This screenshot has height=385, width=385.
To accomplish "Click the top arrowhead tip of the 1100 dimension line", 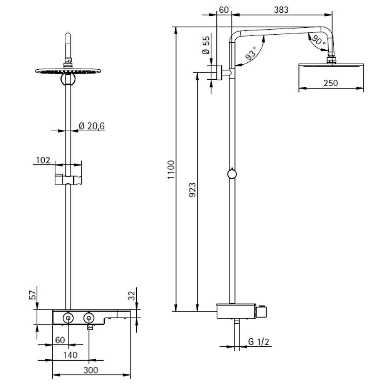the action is pyautogui.click(x=176, y=27).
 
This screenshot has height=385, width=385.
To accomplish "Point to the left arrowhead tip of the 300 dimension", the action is pyautogui.click(x=53, y=375).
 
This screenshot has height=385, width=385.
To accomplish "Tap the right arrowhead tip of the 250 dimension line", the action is pyautogui.click(x=363, y=88).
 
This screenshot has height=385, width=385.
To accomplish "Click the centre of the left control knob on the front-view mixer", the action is pyautogui.click(x=68, y=318).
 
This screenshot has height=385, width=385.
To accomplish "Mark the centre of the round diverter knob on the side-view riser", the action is pyautogui.click(x=232, y=174).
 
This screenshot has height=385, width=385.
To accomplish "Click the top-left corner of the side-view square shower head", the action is pyautogui.click(x=299, y=64).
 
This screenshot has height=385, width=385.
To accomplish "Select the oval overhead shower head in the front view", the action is pyautogui.click(x=68, y=71).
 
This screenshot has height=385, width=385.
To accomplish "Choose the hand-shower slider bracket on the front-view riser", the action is pyautogui.click(x=68, y=179).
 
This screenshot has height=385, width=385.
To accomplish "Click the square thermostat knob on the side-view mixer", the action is pyautogui.click(x=261, y=312).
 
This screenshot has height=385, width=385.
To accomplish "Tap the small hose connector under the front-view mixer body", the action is pyautogui.click(x=90, y=327).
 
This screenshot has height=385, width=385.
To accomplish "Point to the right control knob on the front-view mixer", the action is pyautogui.click(x=89, y=318).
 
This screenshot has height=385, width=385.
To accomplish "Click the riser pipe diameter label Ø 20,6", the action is pyautogui.click(x=92, y=126).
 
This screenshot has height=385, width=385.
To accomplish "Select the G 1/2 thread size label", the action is pyautogui.click(x=259, y=341).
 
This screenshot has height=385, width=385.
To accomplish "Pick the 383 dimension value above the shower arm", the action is pyautogui.click(x=281, y=10).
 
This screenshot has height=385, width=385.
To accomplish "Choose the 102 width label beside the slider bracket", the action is pyautogui.click(x=43, y=160).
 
